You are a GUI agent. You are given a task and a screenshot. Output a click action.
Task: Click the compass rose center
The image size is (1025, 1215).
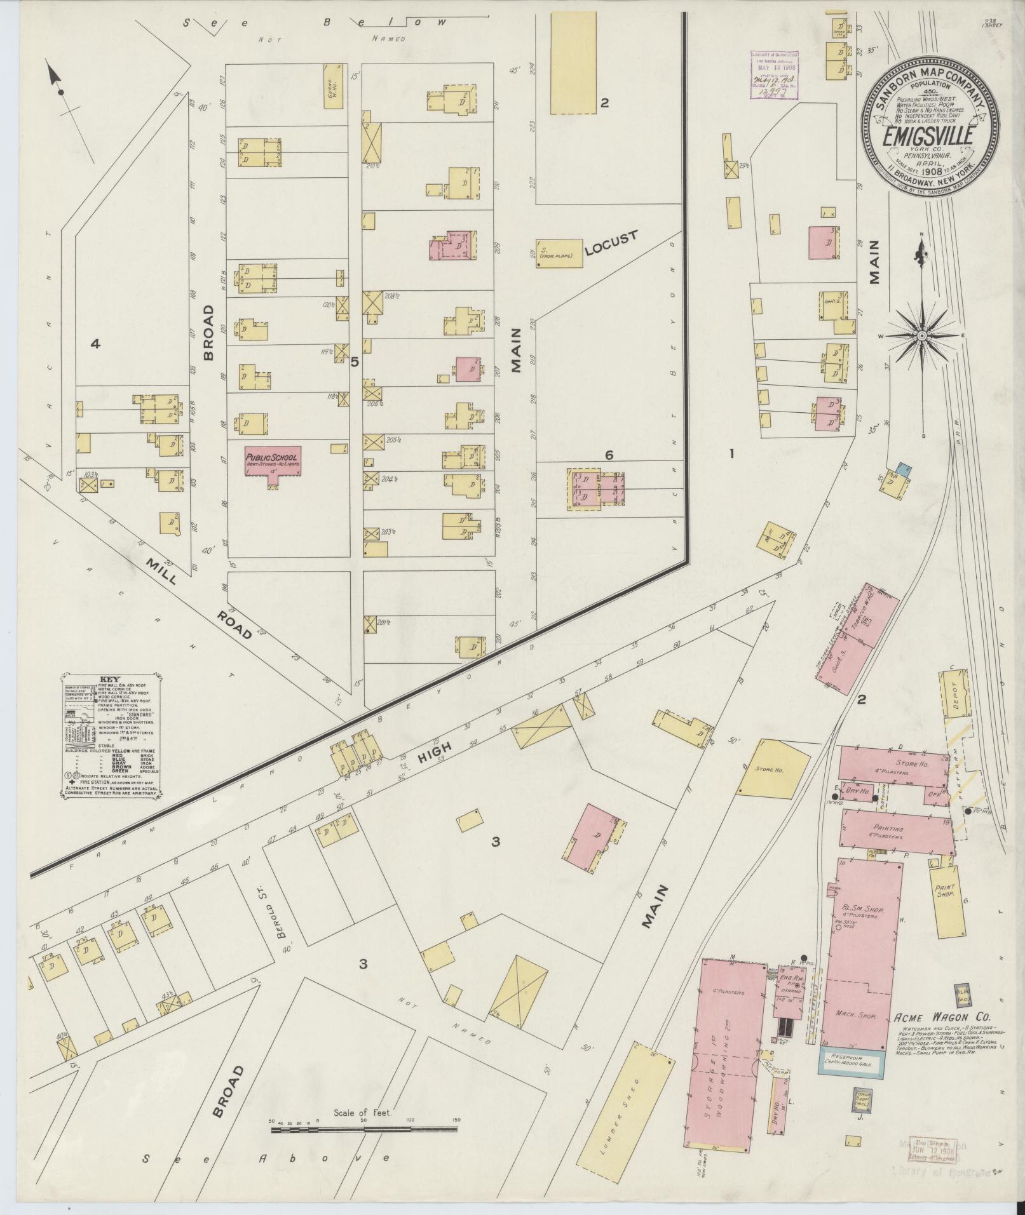921,335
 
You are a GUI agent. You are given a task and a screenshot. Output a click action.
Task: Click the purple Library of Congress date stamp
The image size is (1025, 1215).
775,74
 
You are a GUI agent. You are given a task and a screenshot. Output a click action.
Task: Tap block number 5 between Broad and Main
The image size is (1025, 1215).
355,362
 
